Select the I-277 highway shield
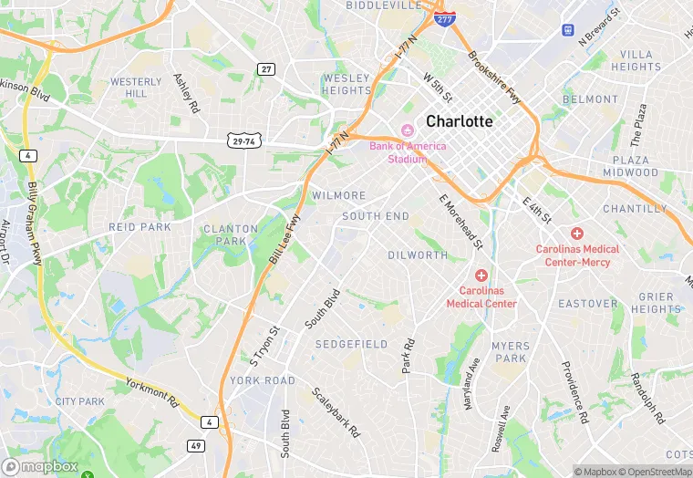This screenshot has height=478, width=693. (444, 18)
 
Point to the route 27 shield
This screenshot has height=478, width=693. (266, 69)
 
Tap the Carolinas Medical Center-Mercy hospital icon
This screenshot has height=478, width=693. (577, 234)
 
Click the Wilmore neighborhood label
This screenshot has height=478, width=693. (338, 196)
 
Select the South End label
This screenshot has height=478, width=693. (376, 216)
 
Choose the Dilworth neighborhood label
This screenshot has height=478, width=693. (418, 255)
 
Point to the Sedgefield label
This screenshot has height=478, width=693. (351, 344)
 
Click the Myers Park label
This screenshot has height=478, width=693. (510, 352)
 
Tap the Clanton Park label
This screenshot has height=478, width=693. (224, 234)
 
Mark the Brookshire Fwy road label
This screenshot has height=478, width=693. (493, 69)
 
